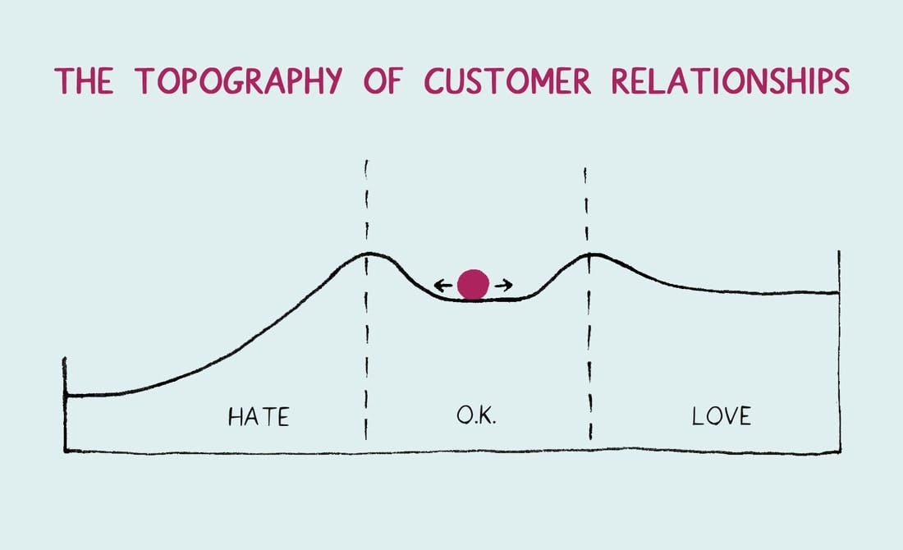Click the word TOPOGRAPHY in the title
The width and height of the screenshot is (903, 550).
point(239,80)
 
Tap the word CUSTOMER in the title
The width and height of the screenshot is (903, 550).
point(508,80)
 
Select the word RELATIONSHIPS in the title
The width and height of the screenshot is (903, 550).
point(731,80)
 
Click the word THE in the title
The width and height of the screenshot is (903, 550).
point(84,80)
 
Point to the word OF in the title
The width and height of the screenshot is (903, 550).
point(383,80)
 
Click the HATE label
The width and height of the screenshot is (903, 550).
point(259,417)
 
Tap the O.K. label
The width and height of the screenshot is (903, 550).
point(476,415)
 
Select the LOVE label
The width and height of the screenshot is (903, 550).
point(722,415)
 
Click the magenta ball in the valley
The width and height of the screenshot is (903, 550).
point(474,285)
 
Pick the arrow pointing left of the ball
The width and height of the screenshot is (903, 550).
point(442,285)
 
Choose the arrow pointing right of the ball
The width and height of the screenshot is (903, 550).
point(504,285)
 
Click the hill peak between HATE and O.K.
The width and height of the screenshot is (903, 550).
point(369,254)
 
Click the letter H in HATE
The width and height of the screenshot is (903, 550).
point(235,417)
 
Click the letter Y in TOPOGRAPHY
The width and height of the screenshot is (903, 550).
point(332,81)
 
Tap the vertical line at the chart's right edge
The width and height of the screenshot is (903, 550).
point(839,351)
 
